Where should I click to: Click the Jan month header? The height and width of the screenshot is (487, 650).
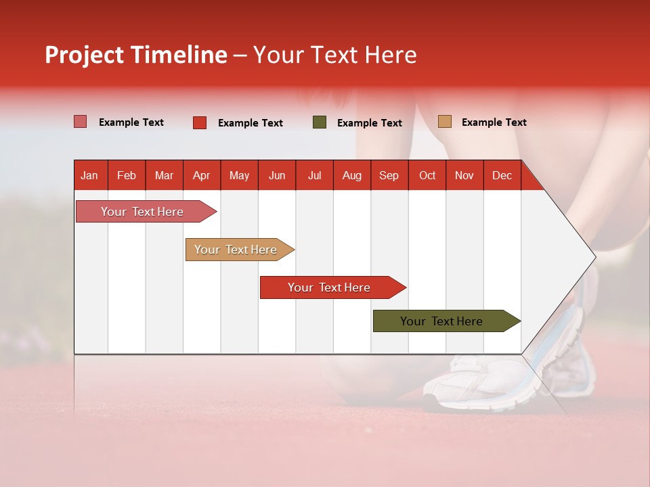coord(89,176)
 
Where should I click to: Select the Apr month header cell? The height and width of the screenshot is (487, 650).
coord(201,176)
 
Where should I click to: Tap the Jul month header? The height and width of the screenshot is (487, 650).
coord(314,176)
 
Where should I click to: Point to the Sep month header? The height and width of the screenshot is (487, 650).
coord(389,176)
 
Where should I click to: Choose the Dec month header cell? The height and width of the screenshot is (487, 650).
coord(502,176)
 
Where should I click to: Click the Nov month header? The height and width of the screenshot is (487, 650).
coord(464,176)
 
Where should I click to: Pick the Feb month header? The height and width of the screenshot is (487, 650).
coord(127,176)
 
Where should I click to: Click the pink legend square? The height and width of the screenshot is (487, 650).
coord(80,122)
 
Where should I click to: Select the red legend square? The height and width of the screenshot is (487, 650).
coord(199,122)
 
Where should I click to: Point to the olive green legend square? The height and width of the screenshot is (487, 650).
coord(319,122)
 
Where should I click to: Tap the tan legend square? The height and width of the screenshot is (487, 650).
coord(444,122)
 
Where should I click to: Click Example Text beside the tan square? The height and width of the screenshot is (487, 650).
coord(494,122)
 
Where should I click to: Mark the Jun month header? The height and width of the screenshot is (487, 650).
coord(276,176)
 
